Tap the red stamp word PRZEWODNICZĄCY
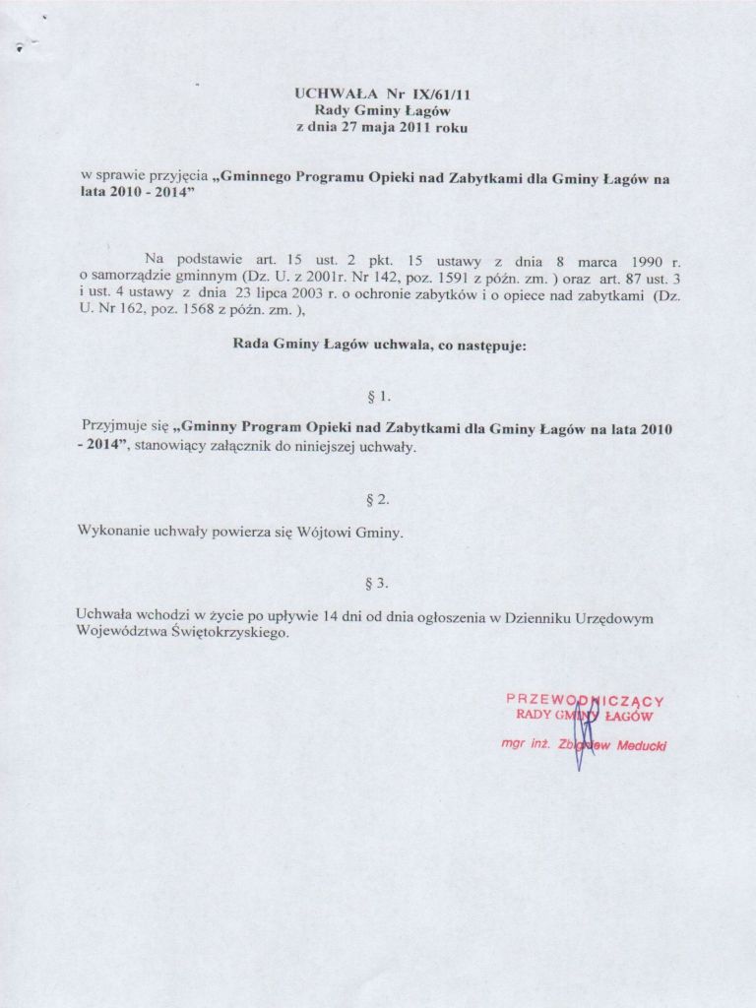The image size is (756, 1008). point(585,700)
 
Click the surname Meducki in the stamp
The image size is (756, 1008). point(641,745)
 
